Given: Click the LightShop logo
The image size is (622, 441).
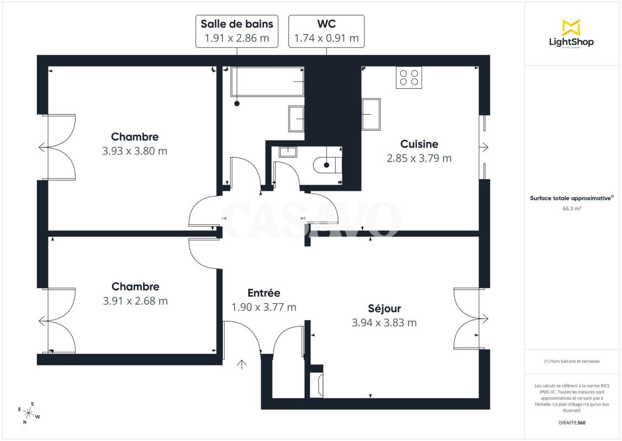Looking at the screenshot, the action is tap(571, 34).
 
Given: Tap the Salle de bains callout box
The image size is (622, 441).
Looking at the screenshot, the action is tap(237, 31).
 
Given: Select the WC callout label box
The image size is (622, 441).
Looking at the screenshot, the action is tap(326, 31).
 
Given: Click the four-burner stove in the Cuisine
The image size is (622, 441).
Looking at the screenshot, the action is tap(409, 78).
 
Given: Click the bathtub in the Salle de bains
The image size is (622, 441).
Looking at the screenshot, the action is tap(268, 82).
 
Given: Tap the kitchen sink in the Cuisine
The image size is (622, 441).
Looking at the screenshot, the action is tap(372, 114).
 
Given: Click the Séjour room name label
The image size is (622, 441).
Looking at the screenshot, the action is tap(384, 308).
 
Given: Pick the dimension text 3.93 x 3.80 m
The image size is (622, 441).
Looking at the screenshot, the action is tap(135, 151).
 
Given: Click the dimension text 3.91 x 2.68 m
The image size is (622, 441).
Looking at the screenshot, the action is tap(135, 301).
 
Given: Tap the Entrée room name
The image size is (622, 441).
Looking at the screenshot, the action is tap(264, 293).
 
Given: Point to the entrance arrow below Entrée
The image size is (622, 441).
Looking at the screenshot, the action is tap(242, 364).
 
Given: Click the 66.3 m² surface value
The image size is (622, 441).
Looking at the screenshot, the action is tap(571, 208).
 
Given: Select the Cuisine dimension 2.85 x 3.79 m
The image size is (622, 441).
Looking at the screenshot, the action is tap(419, 158).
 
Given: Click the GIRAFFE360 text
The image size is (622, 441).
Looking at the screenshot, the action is tap(571, 423).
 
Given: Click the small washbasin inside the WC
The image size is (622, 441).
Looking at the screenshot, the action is tap(287, 152).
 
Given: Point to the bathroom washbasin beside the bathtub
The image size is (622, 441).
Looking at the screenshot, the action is tap(296, 119).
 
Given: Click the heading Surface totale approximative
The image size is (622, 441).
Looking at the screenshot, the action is tap(571, 198).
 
